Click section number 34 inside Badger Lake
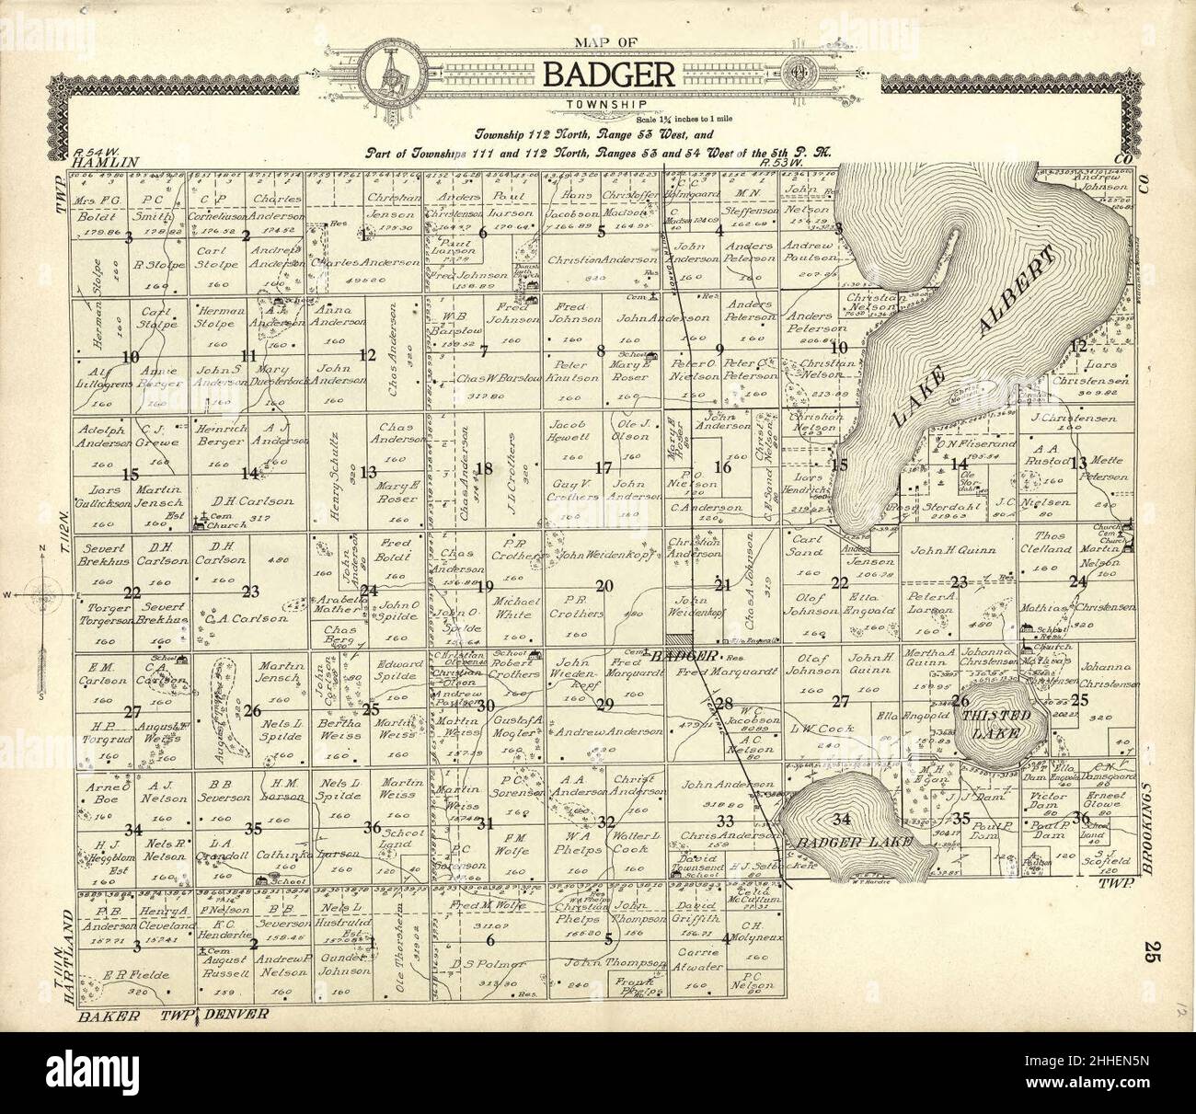pos(839,819)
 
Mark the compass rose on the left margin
pos(41,595)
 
